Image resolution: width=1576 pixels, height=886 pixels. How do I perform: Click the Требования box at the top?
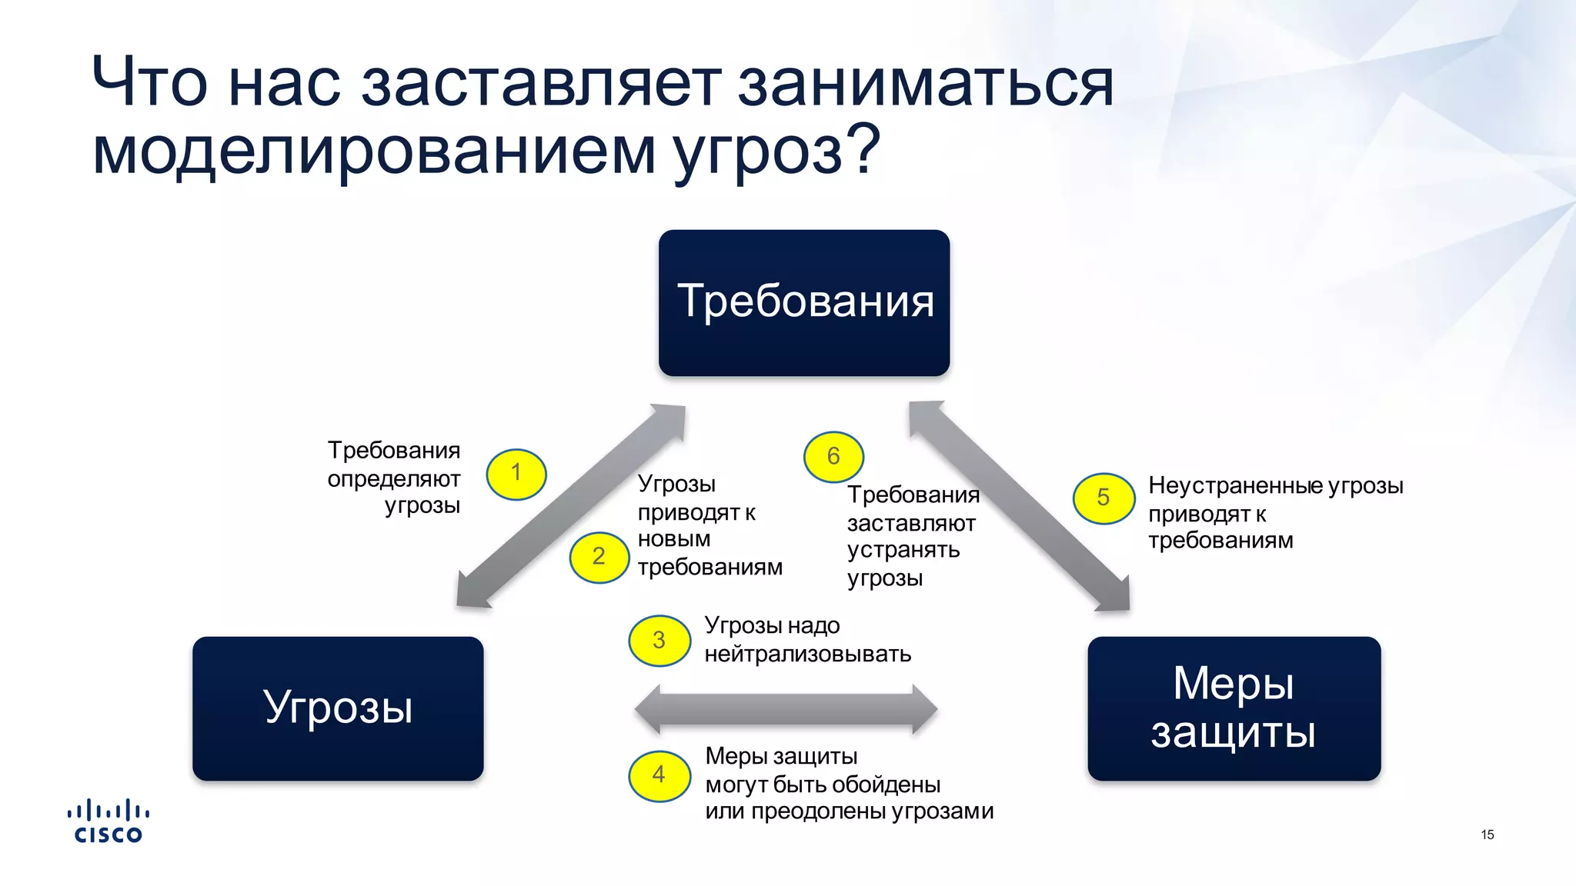click(x=804, y=302)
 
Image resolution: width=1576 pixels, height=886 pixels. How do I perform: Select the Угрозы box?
click(x=338, y=708)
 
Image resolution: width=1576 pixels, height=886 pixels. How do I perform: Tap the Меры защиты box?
click(x=1234, y=708)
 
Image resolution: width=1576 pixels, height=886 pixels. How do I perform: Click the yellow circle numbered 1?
click(x=516, y=474)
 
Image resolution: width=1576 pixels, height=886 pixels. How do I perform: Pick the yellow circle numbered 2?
click(x=599, y=557)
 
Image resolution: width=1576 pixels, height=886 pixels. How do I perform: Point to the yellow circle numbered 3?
click(x=659, y=640)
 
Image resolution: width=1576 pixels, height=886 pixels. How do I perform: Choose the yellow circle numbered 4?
click(x=659, y=775)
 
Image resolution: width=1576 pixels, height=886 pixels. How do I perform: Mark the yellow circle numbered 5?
click(x=1104, y=498)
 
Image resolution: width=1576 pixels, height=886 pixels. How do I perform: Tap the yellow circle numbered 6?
click(x=833, y=457)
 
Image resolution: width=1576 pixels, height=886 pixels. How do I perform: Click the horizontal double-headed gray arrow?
click(x=786, y=709)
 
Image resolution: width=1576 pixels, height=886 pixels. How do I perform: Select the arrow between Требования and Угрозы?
click(x=571, y=506)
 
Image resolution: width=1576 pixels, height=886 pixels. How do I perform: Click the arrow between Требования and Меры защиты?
click(x=1019, y=506)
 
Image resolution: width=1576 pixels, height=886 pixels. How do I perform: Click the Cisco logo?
click(x=108, y=821)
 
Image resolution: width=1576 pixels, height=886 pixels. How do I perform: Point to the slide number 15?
click(x=1487, y=834)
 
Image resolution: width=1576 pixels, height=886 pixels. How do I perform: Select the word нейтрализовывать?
click(x=807, y=655)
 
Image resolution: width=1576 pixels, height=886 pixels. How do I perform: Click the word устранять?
click(x=903, y=550)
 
